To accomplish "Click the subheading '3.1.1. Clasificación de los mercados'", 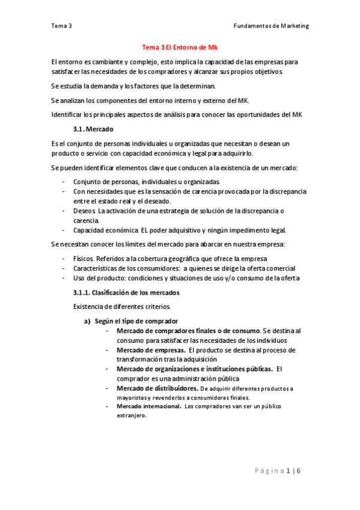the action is pos(125,292).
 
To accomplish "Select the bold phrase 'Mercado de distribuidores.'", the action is pos(155,388).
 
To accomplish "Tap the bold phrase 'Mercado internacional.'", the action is pos(149,407).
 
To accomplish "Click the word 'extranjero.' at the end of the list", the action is pos(132,415).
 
